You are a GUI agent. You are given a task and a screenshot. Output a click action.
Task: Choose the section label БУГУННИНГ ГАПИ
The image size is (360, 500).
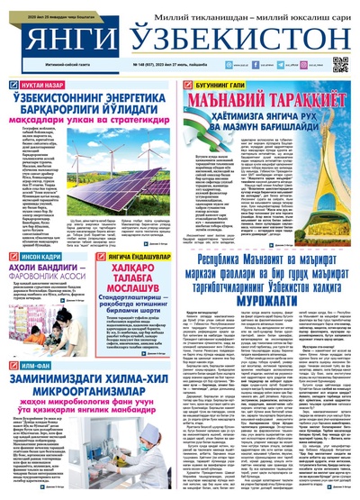coord(217,83)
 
